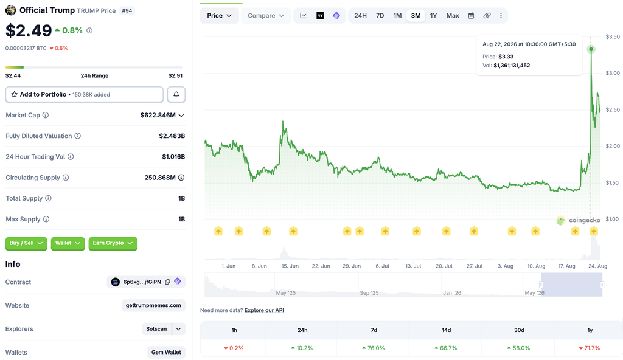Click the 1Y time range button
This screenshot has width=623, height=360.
coord(433,15)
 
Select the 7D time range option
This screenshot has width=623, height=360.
coord(380,15)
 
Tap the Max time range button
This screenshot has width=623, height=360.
coord(453,15)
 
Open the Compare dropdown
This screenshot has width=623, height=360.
coord(266,15)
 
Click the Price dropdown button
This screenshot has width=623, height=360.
coord(219,15)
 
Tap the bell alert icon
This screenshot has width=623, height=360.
coord(176,95)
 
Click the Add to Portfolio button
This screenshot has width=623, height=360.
coord(84,95)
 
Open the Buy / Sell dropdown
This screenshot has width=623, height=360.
coord(26,243)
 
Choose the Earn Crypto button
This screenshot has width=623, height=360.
coord(113,243)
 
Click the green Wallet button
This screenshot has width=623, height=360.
coord(68,243)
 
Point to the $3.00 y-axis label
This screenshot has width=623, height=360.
coord(613,73)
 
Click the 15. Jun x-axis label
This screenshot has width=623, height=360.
coord(290,266)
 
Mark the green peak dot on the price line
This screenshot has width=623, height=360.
coord(591,49)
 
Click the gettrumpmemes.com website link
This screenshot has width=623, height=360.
coord(153,305)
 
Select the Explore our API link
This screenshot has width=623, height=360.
coord(264,310)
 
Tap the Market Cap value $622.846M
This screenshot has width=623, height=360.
coord(158,115)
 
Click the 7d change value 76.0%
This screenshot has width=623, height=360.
coord(374,348)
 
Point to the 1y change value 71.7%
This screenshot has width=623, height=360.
coord(590,348)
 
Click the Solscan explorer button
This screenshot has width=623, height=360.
coord(156,329)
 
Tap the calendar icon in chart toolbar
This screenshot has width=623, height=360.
coord(472,15)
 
